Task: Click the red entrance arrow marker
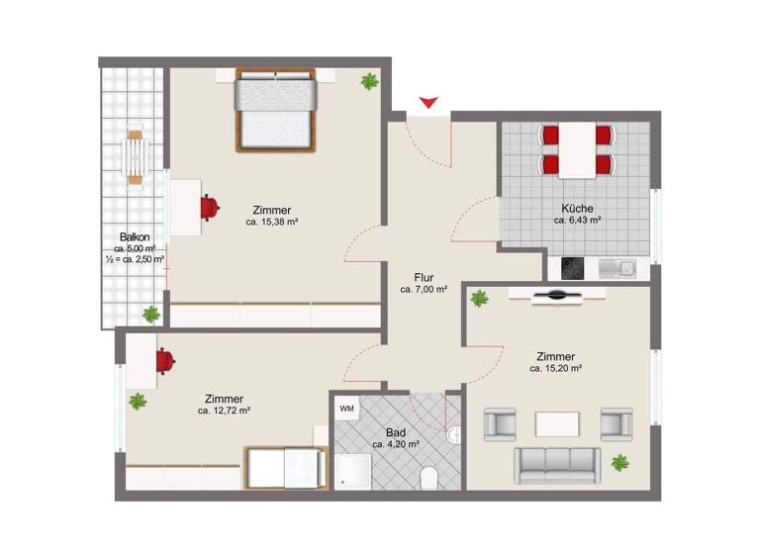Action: (x=428, y=102)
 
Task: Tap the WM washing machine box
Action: (x=346, y=408)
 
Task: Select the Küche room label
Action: (x=577, y=209)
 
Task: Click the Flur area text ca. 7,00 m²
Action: (x=424, y=290)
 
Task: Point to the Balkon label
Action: (x=135, y=236)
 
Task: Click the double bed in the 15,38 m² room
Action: (x=275, y=109)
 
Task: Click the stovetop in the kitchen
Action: (x=575, y=266)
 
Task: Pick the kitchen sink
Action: (x=623, y=266)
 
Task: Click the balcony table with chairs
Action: (x=136, y=155)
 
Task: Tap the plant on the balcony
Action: (x=150, y=314)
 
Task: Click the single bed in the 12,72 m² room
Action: (x=285, y=467)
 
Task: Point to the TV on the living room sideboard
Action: (x=557, y=294)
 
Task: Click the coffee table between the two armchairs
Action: (x=557, y=424)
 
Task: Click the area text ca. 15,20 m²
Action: (x=555, y=369)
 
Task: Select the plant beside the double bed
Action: (x=369, y=81)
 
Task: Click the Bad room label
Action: (x=395, y=432)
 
